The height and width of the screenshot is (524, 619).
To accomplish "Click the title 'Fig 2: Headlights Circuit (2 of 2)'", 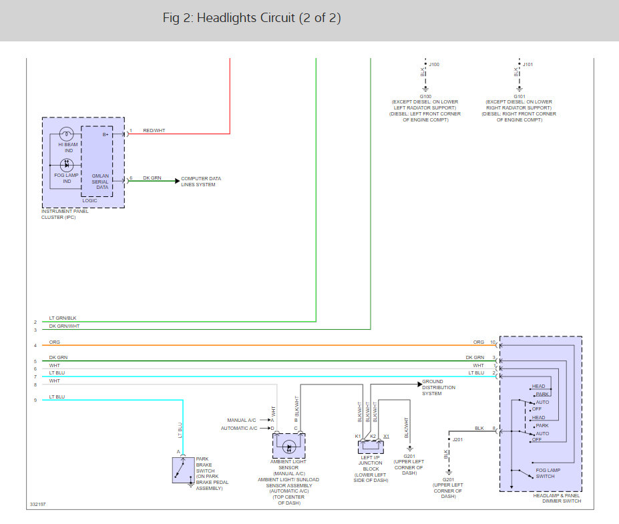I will pyautogui.click(x=252, y=18).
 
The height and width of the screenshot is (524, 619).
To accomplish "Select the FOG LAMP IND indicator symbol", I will pyautogui.click(x=66, y=164).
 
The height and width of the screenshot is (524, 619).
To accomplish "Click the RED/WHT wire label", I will pyautogui.click(x=154, y=130).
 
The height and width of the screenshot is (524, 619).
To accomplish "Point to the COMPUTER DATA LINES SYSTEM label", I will pyautogui.click(x=201, y=182).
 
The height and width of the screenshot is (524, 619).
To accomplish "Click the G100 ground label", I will pyautogui.click(x=425, y=96).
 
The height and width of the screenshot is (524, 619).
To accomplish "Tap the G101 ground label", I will pyautogui.click(x=519, y=96).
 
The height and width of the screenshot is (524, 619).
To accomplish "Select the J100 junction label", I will pyautogui.click(x=434, y=65).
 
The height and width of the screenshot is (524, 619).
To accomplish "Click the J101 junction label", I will pyautogui.click(x=528, y=65).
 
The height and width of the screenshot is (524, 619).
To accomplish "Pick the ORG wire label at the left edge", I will pyautogui.click(x=54, y=342).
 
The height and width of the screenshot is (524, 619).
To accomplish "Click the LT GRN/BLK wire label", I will pyautogui.click(x=63, y=318).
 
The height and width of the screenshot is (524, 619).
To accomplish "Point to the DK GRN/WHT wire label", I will pyautogui.click(x=64, y=326).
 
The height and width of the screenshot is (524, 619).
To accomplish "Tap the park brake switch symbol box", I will pyautogui.click(x=183, y=470).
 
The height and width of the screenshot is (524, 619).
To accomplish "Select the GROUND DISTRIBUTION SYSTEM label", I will pyautogui.click(x=439, y=387).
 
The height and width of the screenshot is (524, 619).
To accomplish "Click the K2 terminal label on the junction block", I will pyautogui.click(x=373, y=436).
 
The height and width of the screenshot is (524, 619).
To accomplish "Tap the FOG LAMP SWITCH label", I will pyautogui.click(x=546, y=473).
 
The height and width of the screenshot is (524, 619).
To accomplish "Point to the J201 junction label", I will pyautogui.click(x=458, y=440).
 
